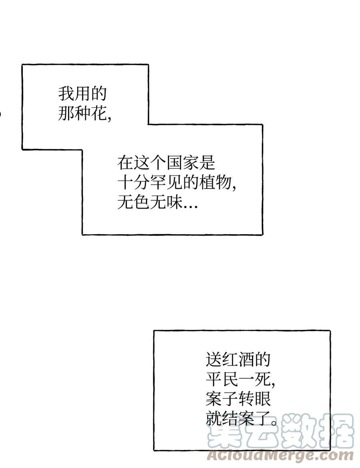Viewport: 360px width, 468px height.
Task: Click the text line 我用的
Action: [82, 94]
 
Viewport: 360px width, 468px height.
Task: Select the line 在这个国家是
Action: [166, 163]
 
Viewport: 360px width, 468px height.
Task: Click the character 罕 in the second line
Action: [158, 183]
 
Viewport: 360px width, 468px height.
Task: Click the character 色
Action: [142, 203]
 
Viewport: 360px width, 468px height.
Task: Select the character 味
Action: [174, 203]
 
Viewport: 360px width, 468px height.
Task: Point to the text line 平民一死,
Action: [240, 379]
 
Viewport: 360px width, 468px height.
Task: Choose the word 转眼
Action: [254, 398]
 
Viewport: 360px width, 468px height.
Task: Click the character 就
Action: [214, 418]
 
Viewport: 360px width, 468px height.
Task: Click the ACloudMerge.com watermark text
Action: [280, 456]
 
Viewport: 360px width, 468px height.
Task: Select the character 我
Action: [66, 94]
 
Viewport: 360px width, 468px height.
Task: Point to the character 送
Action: [214, 359]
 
